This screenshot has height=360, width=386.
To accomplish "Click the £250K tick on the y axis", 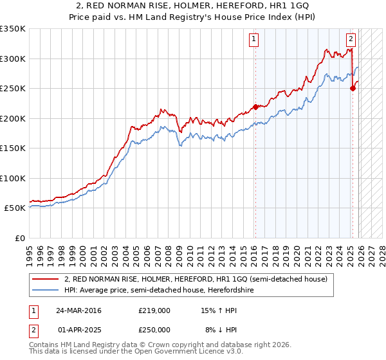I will [x=12, y=89].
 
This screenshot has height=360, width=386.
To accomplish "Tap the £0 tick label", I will [x=18, y=238].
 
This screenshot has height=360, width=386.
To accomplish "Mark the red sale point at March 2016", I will [x=255, y=107].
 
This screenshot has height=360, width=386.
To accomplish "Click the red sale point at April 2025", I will [x=353, y=89].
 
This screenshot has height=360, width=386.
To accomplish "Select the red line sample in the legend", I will [x=46, y=279].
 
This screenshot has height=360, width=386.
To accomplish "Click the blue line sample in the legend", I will [x=46, y=290].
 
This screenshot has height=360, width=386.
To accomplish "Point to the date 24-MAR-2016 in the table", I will [x=78, y=310].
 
